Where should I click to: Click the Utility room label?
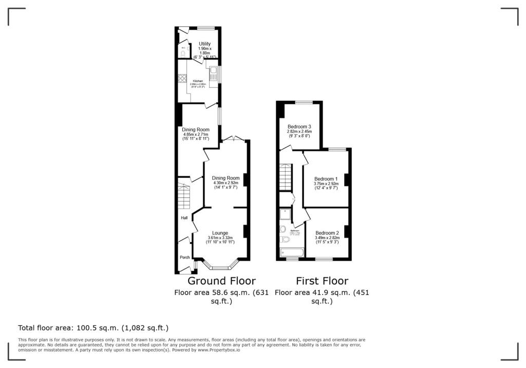(x=205, y=44)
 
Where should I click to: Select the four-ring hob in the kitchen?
(x=182, y=79)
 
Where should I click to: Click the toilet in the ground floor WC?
(x=182, y=53)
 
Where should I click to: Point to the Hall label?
(x=184, y=218)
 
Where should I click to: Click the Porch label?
(x=184, y=257)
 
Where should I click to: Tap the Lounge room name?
(x=220, y=233)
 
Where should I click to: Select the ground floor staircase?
(x=183, y=195)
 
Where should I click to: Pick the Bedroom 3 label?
(x=299, y=126)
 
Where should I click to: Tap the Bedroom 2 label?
(x=327, y=232)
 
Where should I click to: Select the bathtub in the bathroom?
(x=291, y=252)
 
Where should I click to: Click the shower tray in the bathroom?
(x=285, y=215)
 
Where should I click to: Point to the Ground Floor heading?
(x=221, y=281)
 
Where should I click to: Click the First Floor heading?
(x=322, y=281)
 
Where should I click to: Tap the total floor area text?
(x=93, y=327)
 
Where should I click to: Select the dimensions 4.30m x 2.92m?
(x=226, y=183)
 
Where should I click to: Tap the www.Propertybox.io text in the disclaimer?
(x=218, y=350)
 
